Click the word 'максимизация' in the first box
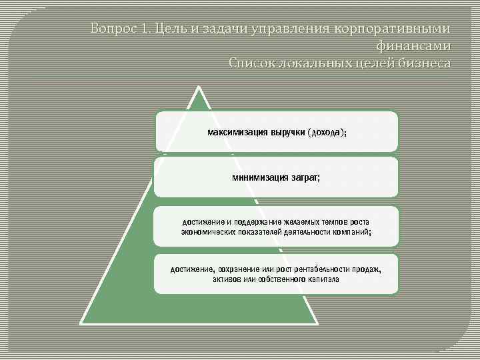coord(237,132)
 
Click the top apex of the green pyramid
coord(197,87)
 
